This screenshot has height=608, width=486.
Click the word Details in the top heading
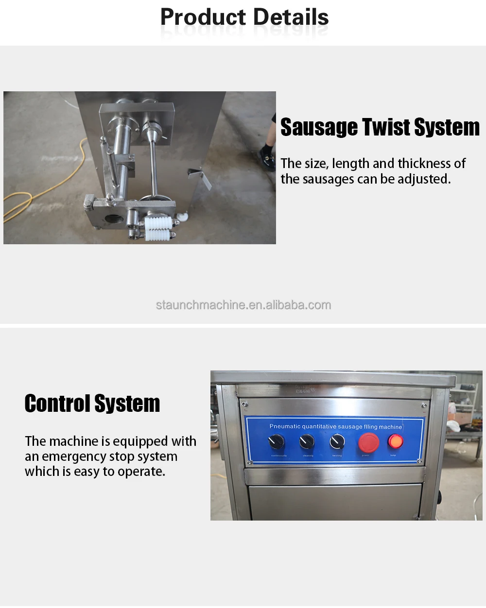(291, 17)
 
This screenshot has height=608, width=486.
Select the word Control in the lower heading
(57, 404)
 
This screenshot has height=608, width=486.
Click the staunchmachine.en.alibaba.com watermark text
(243, 305)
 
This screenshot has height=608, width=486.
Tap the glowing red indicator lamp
(395, 441)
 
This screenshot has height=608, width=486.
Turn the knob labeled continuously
(277, 442)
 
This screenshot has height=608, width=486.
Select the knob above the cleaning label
(307, 441)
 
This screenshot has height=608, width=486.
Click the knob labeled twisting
(337, 441)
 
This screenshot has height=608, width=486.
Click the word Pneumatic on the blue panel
(285, 426)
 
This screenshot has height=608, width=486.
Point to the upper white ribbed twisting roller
(158, 224)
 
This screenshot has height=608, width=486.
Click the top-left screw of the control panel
(244, 404)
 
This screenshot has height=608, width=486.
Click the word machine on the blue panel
(390, 427)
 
